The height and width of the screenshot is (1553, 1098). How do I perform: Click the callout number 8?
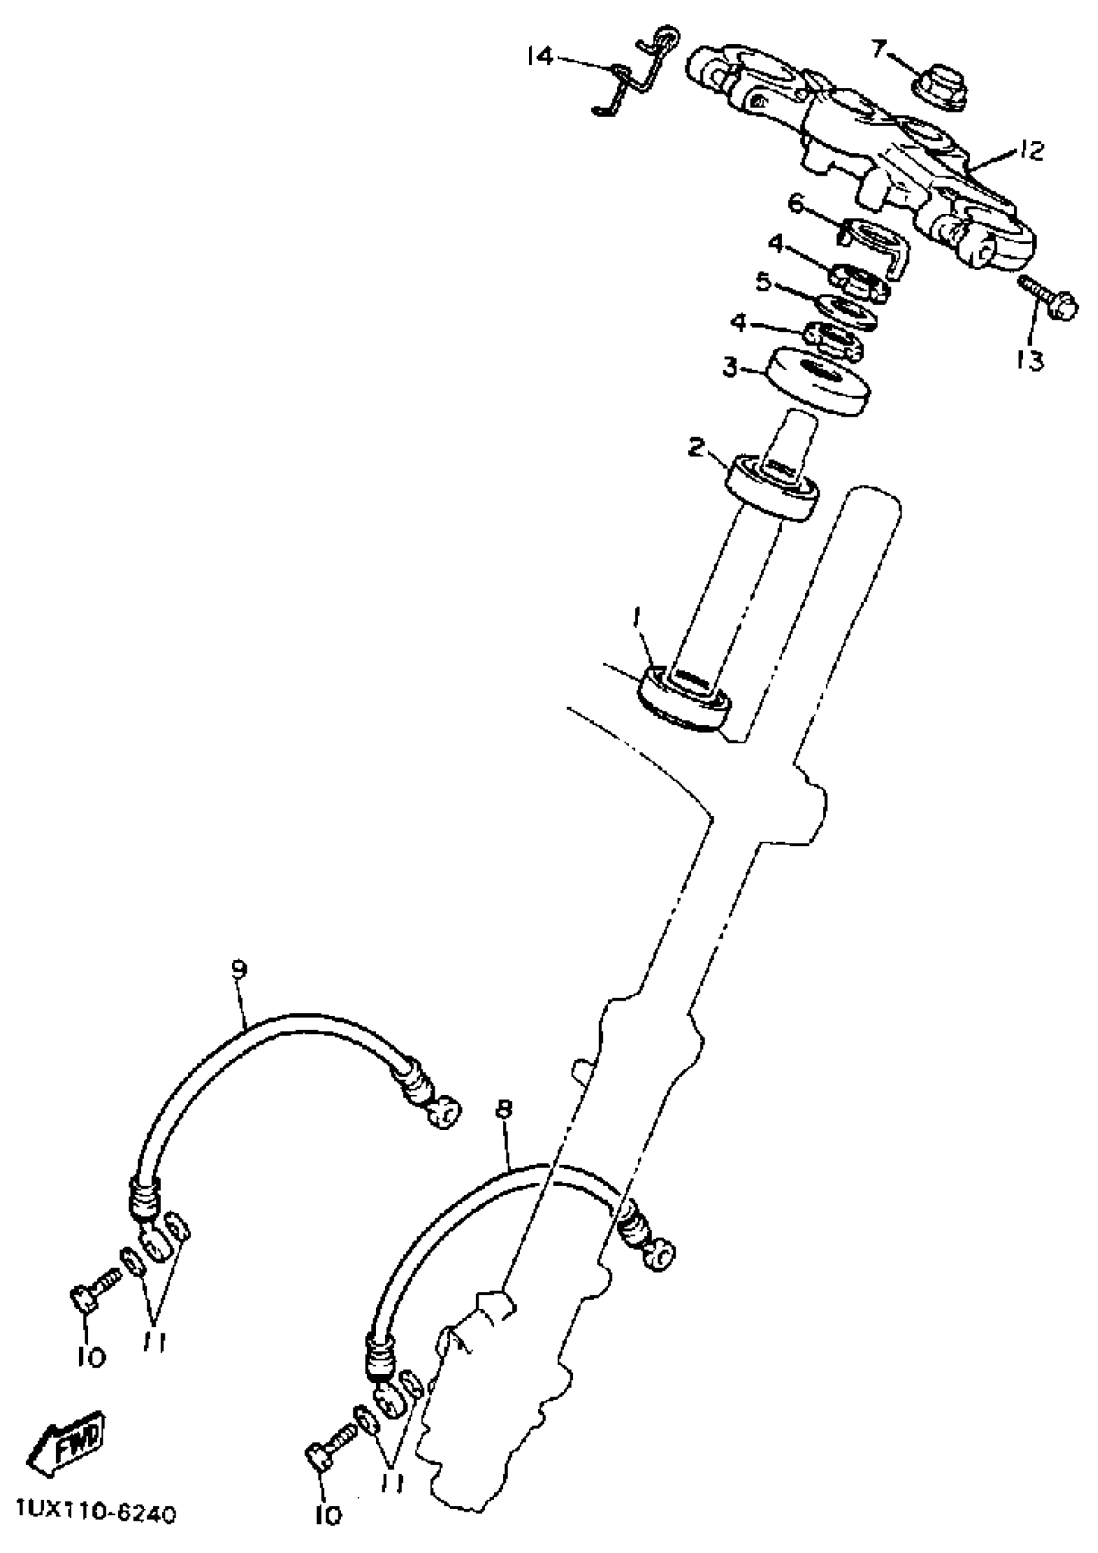[x=504, y=1109]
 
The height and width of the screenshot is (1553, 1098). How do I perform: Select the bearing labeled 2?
[x=772, y=488]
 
